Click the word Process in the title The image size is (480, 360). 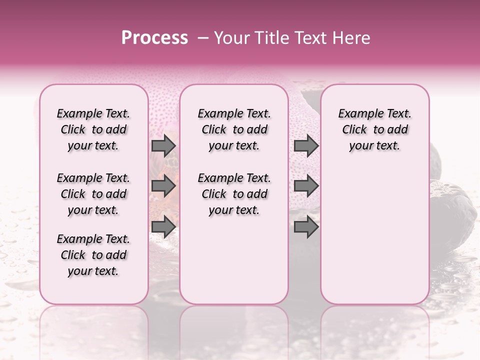pyautogui.click(x=154, y=38)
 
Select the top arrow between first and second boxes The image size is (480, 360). pyautogui.click(x=163, y=145)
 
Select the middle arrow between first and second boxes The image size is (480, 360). pyautogui.click(x=163, y=186)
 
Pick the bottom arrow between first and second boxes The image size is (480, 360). pyautogui.click(x=163, y=227)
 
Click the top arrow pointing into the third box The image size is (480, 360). pyautogui.click(x=306, y=145)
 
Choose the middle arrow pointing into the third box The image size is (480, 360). pyautogui.click(x=306, y=186)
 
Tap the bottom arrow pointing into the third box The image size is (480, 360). pyautogui.click(x=306, y=227)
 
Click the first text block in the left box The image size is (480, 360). pyautogui.click(x=93, y=129)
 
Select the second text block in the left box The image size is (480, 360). pyautogui.click(x=93, y=194)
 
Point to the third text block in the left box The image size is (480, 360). pyautogui.click(x=93, y=255)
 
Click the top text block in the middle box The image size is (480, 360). pyautogui.click(x=234, y=129)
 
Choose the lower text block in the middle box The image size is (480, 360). pyautogui.click(x=234, y=194)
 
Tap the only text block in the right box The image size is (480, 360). pyautogui.click(x=375, y=129)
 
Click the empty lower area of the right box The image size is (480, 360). pyautogui.click(x=375, y=235)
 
